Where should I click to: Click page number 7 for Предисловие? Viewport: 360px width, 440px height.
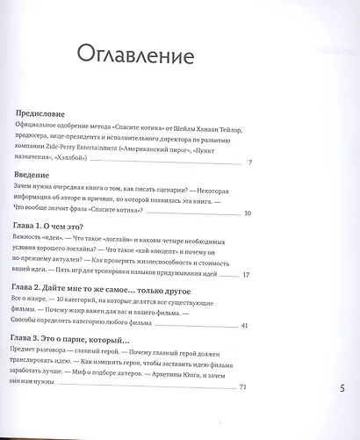pos(250,163)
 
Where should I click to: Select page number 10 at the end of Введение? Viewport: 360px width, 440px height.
pos(248,213)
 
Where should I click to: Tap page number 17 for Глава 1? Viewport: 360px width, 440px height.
pos(248,275)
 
